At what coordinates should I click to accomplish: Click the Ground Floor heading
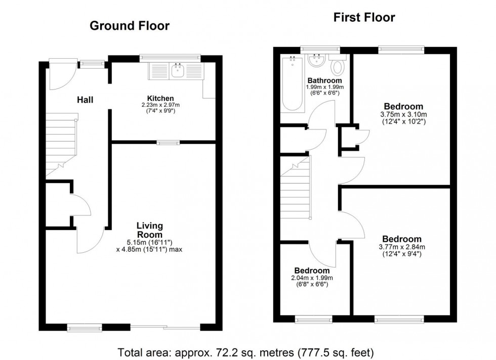point(130,26)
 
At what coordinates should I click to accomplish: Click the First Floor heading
point(364,18)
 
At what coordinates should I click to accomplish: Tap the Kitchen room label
point(160,98)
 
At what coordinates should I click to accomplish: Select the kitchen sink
point(178,71)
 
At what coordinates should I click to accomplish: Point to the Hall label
point(85,100)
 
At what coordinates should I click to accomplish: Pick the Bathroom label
point(325,80)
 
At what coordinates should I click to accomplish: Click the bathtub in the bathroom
point(292,83)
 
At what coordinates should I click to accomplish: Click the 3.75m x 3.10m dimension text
point(403,114)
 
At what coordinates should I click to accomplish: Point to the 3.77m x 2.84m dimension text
point(402,247)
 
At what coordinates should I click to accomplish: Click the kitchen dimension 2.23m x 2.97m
point(160,105)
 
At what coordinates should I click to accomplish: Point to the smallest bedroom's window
point(313,319)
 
